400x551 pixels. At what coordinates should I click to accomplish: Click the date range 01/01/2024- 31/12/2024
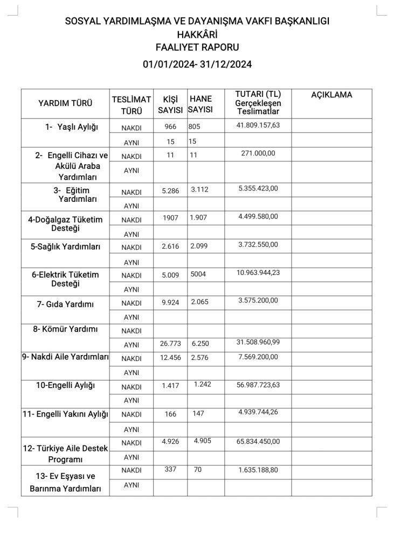coord(197,64)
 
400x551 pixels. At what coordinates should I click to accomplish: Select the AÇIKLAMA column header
coord(332,95)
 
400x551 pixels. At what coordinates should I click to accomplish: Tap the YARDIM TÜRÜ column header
coord(65,103)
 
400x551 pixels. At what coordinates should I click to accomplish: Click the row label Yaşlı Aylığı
coord(72,127)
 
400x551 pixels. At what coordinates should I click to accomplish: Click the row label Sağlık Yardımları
coord(65,246)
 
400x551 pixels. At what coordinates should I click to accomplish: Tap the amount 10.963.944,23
coord(258,273)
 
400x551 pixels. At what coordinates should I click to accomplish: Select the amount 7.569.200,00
coord(258,357)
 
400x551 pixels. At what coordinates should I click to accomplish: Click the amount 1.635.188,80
coord(258,470)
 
